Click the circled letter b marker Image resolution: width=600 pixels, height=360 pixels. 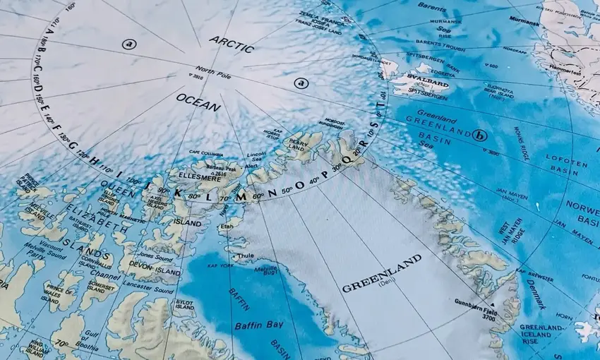tap(481, 135)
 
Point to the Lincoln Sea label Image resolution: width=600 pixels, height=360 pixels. tap(257, 157)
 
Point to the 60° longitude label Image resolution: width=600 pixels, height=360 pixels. tap(259, 195)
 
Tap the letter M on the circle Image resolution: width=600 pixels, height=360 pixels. tap(241, 196)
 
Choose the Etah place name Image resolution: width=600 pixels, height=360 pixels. tap(227, 225)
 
